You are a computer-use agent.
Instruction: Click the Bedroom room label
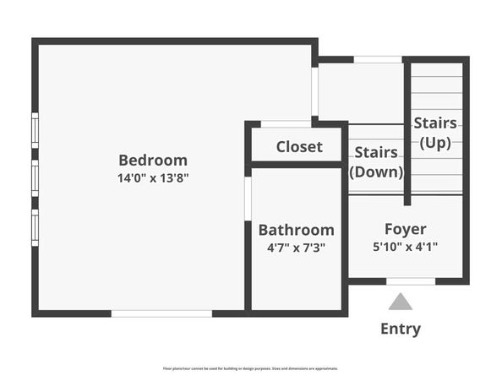(153, 160)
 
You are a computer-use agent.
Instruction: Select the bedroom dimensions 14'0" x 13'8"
(153, 178)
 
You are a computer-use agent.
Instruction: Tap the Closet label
(299, 146)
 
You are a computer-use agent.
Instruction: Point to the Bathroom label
(296, 230)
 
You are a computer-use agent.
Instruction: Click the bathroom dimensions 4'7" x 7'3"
(296, 248)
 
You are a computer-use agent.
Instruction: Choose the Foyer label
(406, 229)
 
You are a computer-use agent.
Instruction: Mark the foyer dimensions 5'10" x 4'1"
(406, 248)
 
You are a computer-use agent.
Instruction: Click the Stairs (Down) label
(376, 162)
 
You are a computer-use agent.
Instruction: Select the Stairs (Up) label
(435, 133)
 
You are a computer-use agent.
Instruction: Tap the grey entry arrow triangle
(401, 302)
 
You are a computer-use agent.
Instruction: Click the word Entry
(401, 329)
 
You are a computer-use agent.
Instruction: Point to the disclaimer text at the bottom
(250, 368)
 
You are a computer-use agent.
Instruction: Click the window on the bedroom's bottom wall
(161, 313)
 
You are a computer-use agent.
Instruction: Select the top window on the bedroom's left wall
(35, 129)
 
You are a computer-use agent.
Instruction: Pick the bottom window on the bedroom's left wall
(35, 226)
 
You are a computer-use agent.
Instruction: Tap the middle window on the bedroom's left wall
(35, 177)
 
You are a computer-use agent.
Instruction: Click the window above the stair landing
(378, 59)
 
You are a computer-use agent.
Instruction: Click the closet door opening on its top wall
(286, 124)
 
